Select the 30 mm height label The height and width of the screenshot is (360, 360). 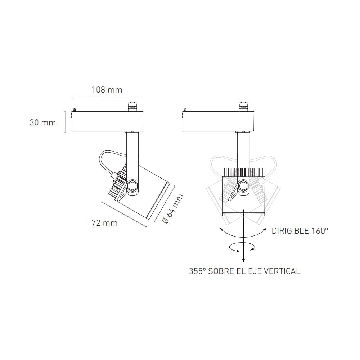43,123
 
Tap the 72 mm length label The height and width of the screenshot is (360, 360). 104,223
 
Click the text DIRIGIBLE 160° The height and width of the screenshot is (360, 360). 300,231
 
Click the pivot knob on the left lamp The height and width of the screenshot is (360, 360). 132,186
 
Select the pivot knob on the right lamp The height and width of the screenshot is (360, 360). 243,186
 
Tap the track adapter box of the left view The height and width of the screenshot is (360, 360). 108,121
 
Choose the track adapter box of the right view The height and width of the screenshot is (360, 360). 219,121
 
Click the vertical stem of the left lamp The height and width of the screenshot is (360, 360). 132,151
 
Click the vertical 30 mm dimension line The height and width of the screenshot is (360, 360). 65,122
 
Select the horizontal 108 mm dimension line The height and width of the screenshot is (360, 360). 107,98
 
